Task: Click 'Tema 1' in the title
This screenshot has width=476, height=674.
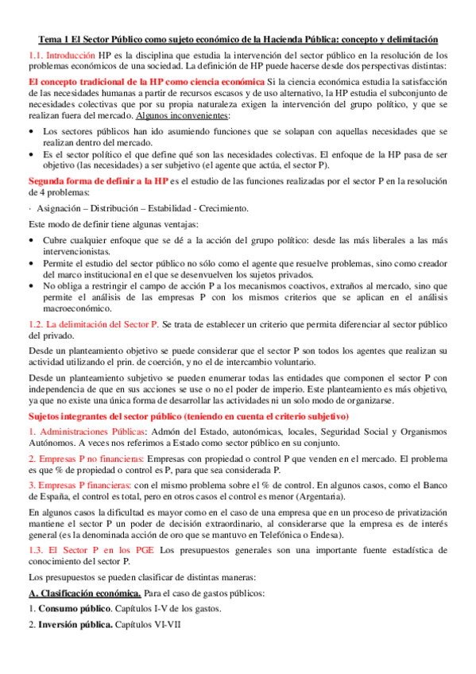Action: pos(54,39)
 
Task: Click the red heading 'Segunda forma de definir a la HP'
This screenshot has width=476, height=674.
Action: pos(98,180)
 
